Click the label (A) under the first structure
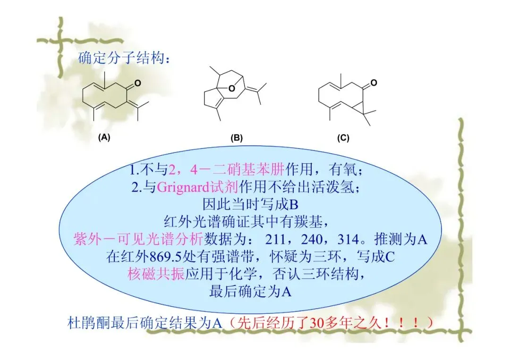point(104,138)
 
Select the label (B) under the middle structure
point(236,138)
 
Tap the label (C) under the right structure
point(343,138)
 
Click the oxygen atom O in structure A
point(137,84)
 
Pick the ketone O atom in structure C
point(374,83)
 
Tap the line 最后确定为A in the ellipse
point(249,291)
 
